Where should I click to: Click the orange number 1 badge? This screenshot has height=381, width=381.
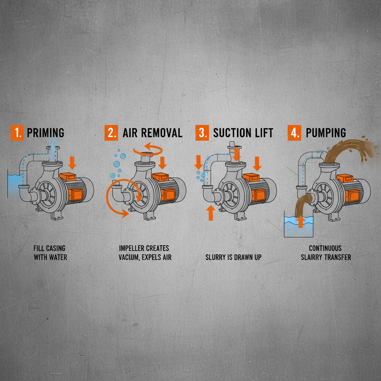(x=17, y=133)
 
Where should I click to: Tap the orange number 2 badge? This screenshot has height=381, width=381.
(x=111, y=133)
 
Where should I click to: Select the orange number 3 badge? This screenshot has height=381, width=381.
(x=202, y=133)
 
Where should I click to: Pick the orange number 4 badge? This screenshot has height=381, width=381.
(x=294, y=133)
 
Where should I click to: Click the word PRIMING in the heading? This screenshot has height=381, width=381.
(x=45, y=133)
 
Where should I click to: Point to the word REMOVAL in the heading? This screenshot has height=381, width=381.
(x=161, y=133)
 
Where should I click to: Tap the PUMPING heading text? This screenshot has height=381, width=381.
(x=326, y=133)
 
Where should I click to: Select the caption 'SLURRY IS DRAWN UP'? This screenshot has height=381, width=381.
(x=233, y=257)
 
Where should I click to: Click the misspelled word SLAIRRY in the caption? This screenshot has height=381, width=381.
(x=314, y=257)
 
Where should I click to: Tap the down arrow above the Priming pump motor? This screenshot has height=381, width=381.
(x=73, y=162)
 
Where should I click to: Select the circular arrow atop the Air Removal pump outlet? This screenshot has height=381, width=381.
(x=148, y=149)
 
